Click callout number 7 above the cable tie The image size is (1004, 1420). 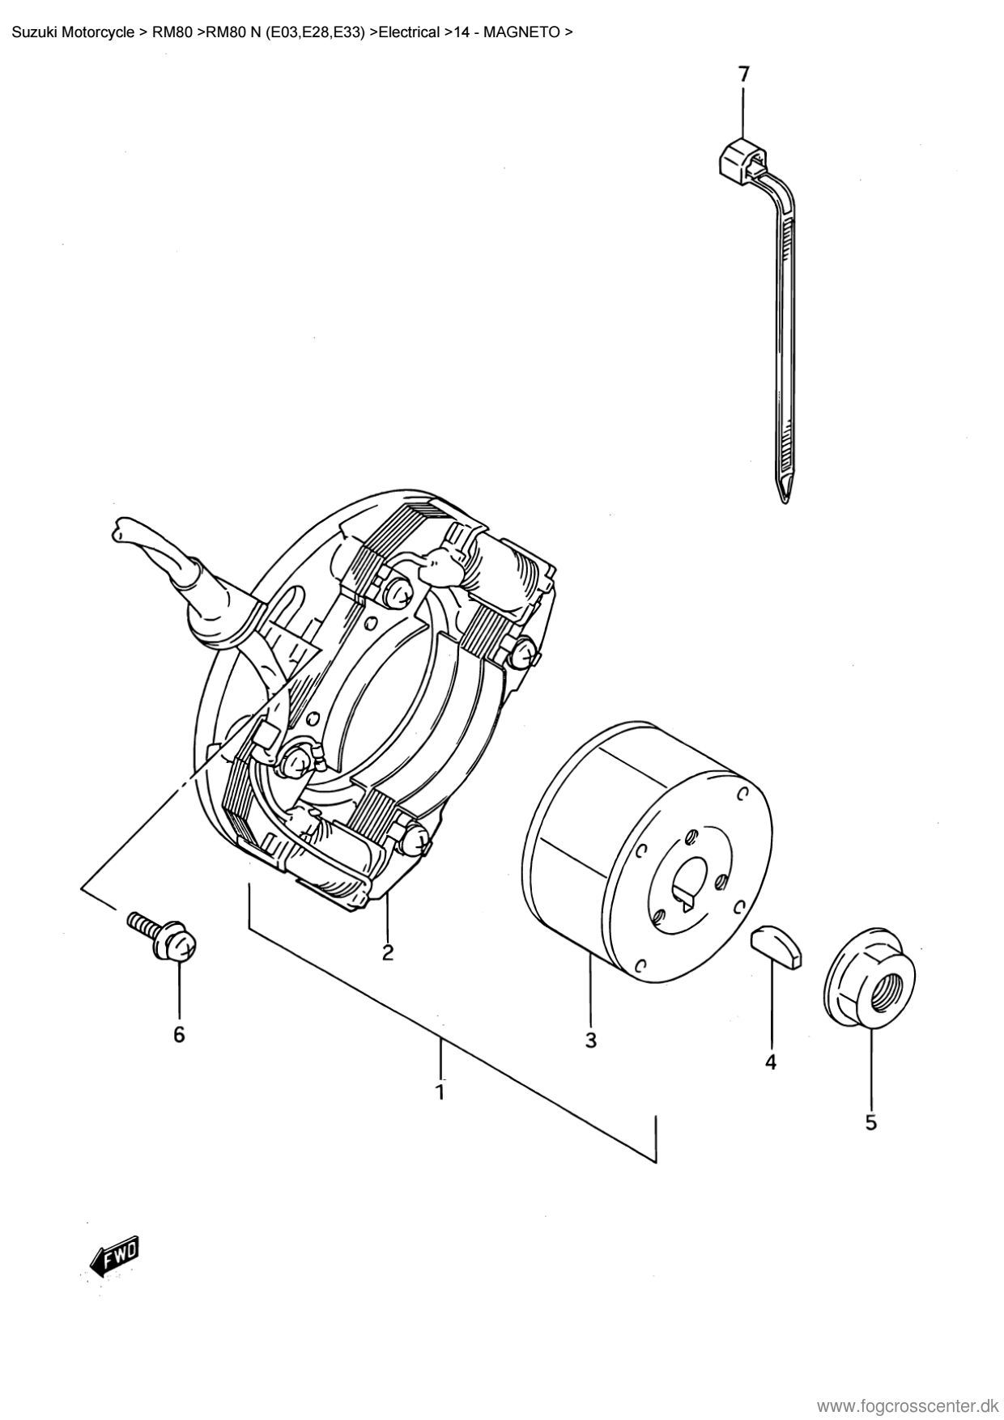coord(743,74)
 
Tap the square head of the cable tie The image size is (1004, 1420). coord(740,156)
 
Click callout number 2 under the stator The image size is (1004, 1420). coord(387,952)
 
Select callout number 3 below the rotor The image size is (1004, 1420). coord(590,1040)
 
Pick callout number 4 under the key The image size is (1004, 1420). coord(771,1061)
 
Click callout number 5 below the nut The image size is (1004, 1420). coord(871,1122)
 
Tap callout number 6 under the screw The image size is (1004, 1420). coord(179,1034)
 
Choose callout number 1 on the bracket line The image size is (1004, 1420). coord(440,1092)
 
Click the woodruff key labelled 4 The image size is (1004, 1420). coord(776,945)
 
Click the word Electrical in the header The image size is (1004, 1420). coord(409,33)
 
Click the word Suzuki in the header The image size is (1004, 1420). coord(33,33)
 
